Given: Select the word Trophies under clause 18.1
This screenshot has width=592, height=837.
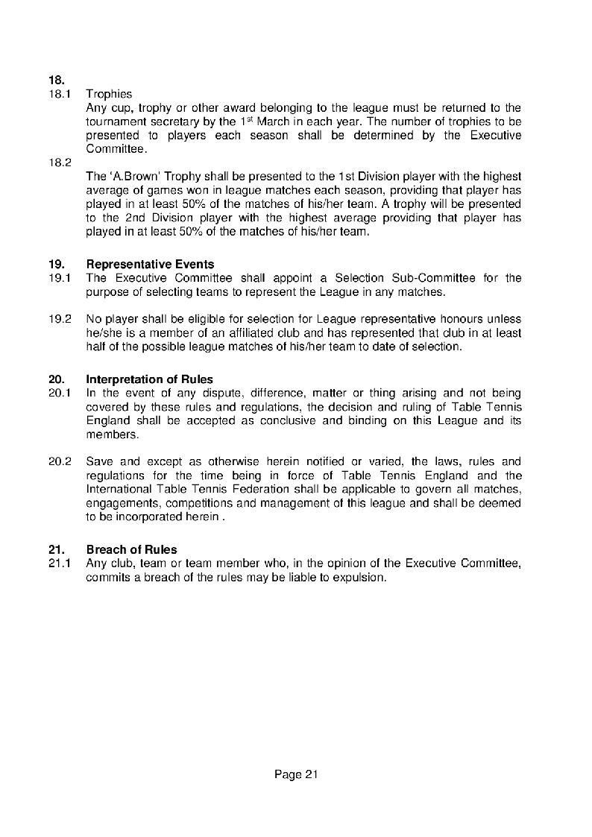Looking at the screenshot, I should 109,95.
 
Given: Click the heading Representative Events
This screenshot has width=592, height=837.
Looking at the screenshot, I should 150,264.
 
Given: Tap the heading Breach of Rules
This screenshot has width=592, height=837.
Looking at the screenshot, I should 131,550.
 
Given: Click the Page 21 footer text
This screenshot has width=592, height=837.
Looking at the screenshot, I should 296,775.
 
